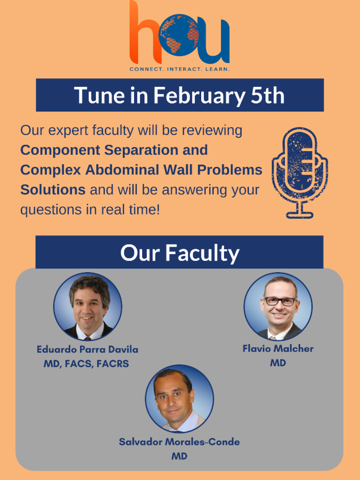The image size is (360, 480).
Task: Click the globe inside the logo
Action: [x=179, y=35]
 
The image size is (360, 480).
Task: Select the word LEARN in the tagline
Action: [x=217, y=69]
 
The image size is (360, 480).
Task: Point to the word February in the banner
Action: [x=199, y=96]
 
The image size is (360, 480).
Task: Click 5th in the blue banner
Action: [x=268, y=95]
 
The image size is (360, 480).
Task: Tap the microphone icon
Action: [x=300, y=173]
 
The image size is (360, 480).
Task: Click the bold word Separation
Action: [x=156, y=150]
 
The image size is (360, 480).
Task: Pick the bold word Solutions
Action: [x=53, y=190]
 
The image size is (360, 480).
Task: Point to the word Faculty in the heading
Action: [x=202, y=253]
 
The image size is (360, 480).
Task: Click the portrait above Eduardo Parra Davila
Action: [x=88, y=306]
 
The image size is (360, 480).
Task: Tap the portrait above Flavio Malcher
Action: [x=278, y=306]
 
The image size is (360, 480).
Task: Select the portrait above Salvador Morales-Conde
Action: [x=180, y=399]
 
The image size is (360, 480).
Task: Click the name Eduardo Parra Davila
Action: [x=88, y=349]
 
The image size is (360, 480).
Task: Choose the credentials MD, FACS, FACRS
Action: [x=86, y=364]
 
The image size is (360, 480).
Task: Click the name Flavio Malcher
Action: [x=278, y=349]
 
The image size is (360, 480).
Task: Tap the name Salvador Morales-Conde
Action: [x=180, y=442]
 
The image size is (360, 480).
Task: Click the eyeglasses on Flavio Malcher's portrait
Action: [x=280, y=301]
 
